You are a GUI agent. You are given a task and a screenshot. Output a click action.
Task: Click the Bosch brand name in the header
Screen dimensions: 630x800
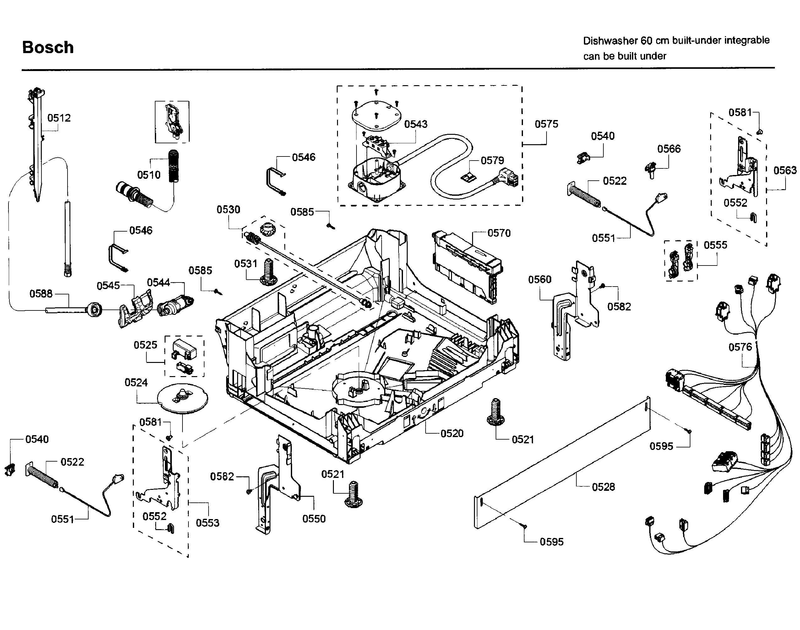pos(48,47)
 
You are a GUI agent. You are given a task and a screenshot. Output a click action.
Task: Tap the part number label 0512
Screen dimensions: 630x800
pos(59,118)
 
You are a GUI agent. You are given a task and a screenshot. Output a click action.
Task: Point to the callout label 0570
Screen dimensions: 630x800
pos(499,233)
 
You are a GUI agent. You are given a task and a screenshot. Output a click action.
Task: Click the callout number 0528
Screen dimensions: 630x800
pos(603,487)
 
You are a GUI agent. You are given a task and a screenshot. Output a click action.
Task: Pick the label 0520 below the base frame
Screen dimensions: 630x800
pos(452,433)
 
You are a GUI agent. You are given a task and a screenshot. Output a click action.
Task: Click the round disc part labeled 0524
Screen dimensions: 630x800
pos(182,398)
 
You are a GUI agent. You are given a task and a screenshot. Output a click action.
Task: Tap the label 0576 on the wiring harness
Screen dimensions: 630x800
pos(740,347)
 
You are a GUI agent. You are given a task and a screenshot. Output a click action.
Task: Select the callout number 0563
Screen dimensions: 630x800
pos(785,170)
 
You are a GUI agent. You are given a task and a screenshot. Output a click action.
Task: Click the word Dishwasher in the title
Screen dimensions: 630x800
pos(610,41)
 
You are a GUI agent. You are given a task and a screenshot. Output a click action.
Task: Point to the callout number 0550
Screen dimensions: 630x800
pos(314,519)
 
